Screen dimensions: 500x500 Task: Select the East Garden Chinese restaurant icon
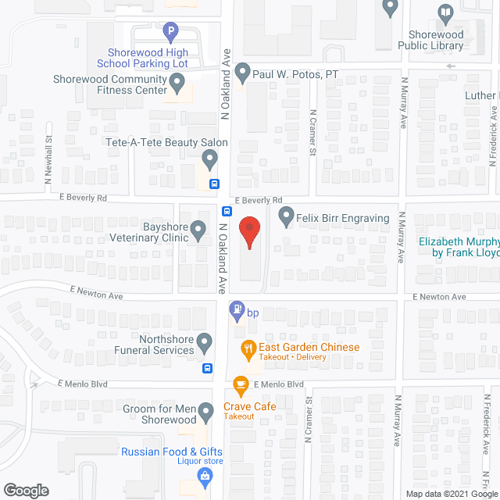click(248, 348)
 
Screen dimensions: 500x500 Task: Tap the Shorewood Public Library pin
click(445, 12)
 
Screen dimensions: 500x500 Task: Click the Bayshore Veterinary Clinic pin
click(198, 230)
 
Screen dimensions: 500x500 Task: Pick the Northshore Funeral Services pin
click(205, 341)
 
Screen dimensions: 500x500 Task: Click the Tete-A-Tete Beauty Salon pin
click(209, 159)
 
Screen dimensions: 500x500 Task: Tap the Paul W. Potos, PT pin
click(243, 73)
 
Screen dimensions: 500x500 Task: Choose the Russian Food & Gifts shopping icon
click(205, 476)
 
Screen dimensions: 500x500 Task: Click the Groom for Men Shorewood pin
click(205, 410)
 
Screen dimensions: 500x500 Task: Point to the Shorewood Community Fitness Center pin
click(178, 81)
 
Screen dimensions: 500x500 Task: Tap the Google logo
click(26, 491)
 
